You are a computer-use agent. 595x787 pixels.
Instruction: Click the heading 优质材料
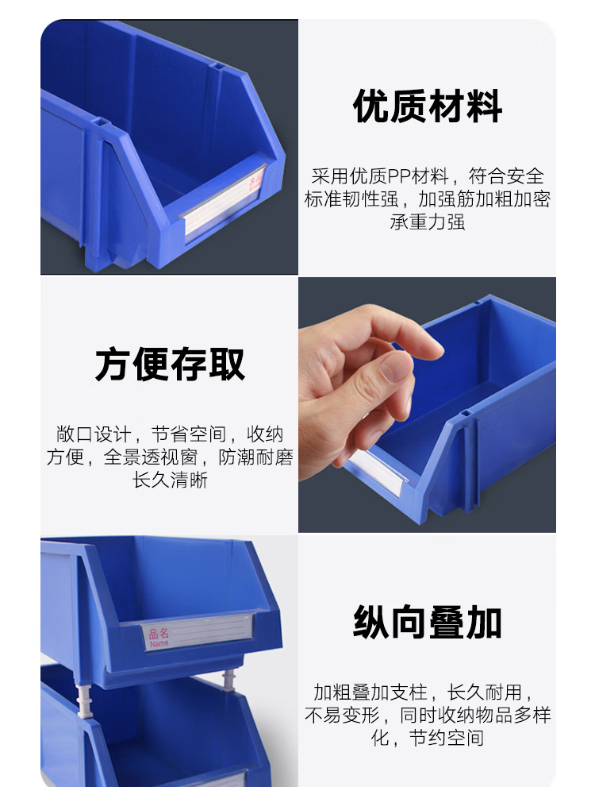pyautogui.click(x=427, y=106)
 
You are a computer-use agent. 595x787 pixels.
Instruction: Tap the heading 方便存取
pyautogui.click(x=170, y=364)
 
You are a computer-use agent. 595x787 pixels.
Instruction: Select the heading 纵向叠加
pyautogui.click(x=427, y=622)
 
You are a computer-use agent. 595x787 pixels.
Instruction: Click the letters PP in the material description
pyautogui.click(x=398, y=176)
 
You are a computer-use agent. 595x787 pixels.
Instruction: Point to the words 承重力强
pyautogui.click(x=427, y=222)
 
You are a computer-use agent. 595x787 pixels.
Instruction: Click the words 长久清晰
pyautogui.click(x=170, y=480)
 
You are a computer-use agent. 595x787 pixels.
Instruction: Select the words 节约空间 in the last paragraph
pyautogui.click(x=446, y=738)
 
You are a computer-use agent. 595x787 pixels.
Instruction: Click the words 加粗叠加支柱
pyautogui.click(x=370, y=692)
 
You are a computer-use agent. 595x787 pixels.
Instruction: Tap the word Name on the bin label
pyautogui.click(x=159, y=643)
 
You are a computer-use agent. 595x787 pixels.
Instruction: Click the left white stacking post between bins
pyautogui.click(x=85, y=698)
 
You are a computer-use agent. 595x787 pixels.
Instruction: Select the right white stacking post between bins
pyautogui.click(x=228, y=681)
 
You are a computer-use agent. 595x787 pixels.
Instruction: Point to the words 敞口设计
pyautogui.click(x=94, y=434)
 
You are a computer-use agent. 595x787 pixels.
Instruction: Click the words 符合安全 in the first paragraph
pyautogui.click(x=506, y=176)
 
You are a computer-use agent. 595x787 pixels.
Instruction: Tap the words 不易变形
pyautogui.click(x=342, y=716)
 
